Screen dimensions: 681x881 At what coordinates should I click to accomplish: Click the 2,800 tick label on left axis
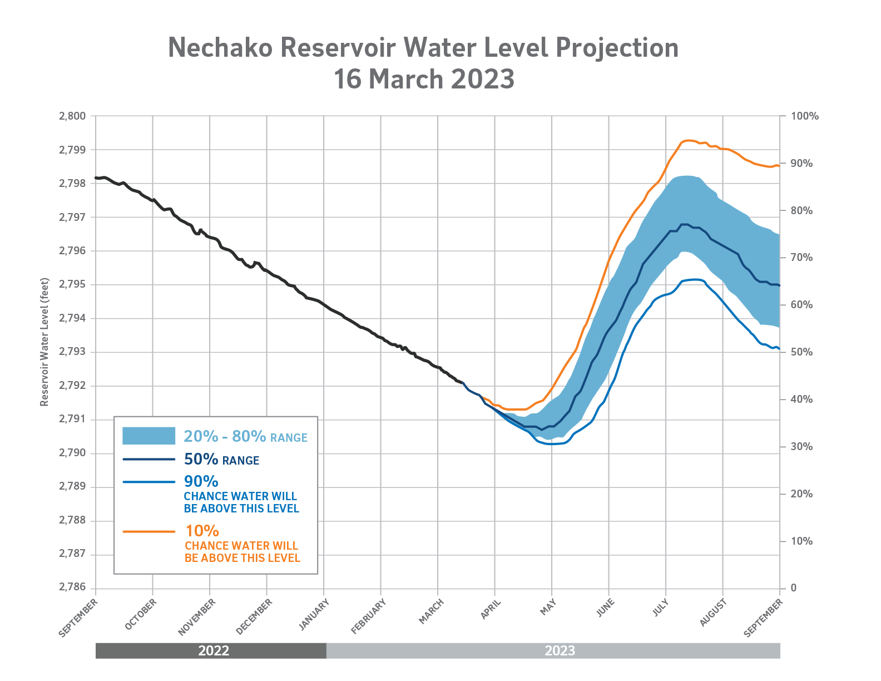point(72,116)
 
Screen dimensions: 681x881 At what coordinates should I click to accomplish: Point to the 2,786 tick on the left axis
point(72,588)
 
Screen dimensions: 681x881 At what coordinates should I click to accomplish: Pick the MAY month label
point(548,606)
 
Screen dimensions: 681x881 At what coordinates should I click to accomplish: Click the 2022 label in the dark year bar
point(214,651)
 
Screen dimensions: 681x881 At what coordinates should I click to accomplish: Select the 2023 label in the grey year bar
point(560,651)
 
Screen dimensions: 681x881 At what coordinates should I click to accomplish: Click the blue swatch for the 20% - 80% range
point(149,436)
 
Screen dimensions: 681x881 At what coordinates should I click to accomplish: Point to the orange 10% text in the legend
point(202,531)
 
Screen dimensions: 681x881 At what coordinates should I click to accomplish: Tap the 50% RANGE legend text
point(221,460)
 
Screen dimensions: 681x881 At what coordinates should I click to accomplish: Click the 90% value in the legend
point(201,481)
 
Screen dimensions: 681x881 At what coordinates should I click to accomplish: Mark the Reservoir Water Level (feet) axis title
point(44,342)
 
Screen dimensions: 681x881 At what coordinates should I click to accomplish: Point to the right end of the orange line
point(779,166)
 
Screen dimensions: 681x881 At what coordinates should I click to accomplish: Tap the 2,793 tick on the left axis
point(72,352)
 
